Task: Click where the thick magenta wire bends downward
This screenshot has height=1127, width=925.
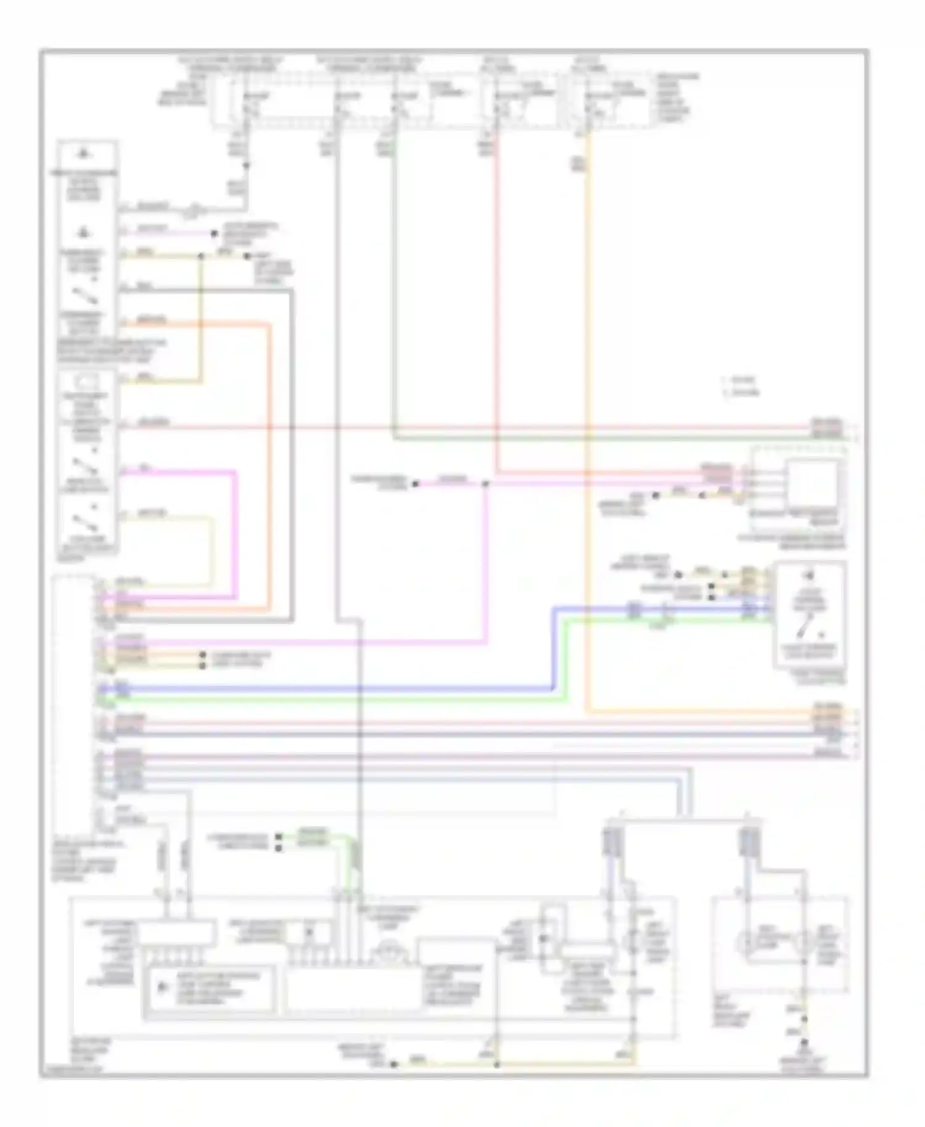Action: pos(235,472)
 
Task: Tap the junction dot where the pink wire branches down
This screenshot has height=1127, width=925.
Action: pos(486,485)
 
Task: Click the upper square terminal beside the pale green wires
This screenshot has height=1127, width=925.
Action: pos(278,837)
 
